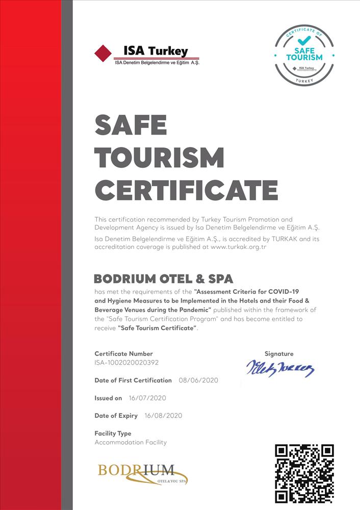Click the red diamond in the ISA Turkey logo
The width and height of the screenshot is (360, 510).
click(104, 53)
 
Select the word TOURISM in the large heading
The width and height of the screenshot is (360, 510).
click(160, 158)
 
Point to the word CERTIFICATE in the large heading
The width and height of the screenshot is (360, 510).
click(186, 190)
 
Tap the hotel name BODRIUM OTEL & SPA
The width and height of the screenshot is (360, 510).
click(164, 279)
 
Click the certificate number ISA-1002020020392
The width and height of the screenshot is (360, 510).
click(130, 362)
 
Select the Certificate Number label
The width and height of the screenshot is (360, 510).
click(123, 353)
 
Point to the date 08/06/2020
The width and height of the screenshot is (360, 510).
click(198, 380)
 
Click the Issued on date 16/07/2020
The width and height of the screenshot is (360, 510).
click(147, 398)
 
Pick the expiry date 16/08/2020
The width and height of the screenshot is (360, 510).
click(163, 416)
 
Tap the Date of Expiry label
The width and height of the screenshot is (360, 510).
click(116, 416)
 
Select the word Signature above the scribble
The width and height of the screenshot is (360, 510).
click(279, 353)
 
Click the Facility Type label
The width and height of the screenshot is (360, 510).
click(113, 433)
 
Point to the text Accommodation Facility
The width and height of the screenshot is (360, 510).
click(131, 442)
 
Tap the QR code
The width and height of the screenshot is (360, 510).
click(304, 473)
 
